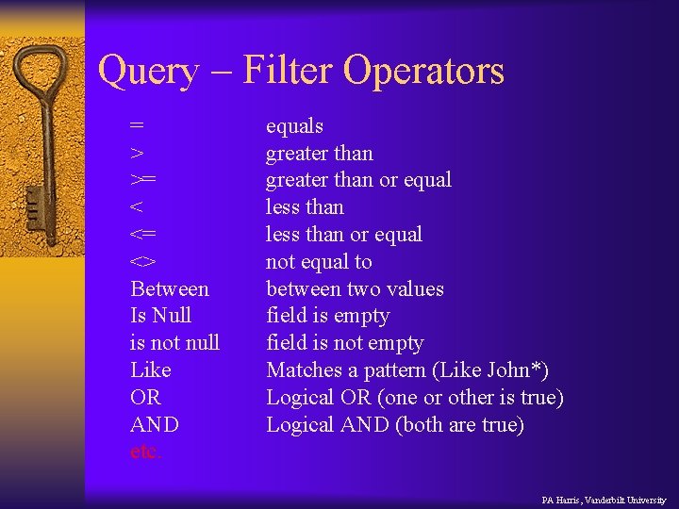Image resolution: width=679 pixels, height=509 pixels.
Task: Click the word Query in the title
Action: pos(149,72)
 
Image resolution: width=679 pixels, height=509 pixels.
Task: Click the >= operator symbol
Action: pos(143,180)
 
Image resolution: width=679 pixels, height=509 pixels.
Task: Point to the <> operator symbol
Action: pos(143,261)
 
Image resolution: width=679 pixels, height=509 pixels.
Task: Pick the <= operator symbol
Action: pos(143,235)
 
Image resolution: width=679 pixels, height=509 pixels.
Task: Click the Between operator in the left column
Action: pos(170,288)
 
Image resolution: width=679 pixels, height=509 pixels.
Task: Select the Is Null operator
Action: pos(160,316)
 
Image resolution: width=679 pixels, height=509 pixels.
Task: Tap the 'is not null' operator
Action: pos(174,342)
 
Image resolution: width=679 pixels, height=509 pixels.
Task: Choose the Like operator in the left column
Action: pos(151,369)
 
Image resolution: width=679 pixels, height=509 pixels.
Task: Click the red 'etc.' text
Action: pos(146,452)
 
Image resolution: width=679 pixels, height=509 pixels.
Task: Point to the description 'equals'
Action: pos(294,126)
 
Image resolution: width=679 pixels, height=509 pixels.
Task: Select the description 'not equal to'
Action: pos(319,261)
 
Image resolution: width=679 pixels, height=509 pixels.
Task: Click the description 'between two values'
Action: pos(355,288)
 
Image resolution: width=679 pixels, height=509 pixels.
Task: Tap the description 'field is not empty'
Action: pos(345,342)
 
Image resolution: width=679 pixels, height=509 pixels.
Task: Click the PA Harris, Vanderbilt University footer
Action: pos(604,500)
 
